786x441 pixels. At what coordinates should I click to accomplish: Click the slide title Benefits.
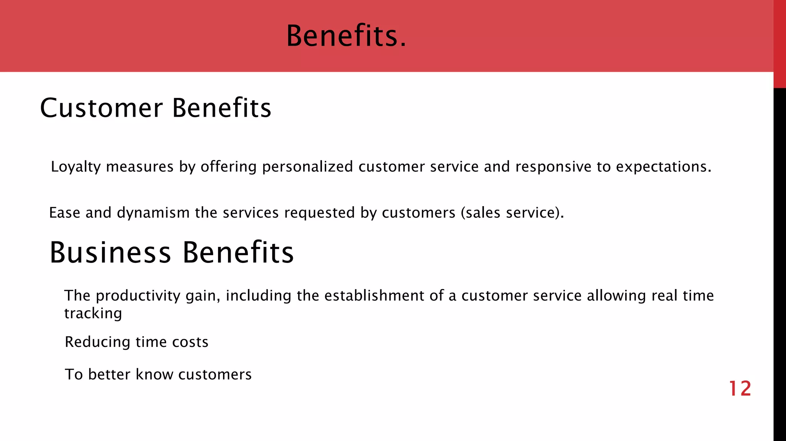346,36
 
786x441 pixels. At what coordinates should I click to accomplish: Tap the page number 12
740,389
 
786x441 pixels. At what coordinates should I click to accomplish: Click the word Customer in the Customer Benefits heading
101,108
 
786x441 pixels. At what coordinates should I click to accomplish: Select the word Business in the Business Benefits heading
110,253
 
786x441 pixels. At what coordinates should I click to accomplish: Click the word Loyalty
76,167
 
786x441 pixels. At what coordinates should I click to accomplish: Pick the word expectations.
664,167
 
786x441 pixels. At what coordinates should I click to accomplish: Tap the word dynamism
153,213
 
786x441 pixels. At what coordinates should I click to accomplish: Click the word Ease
64,213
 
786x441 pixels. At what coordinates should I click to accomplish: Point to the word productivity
138,296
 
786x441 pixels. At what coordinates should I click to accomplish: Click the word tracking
93,314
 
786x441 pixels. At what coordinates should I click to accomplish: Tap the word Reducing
97,342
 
